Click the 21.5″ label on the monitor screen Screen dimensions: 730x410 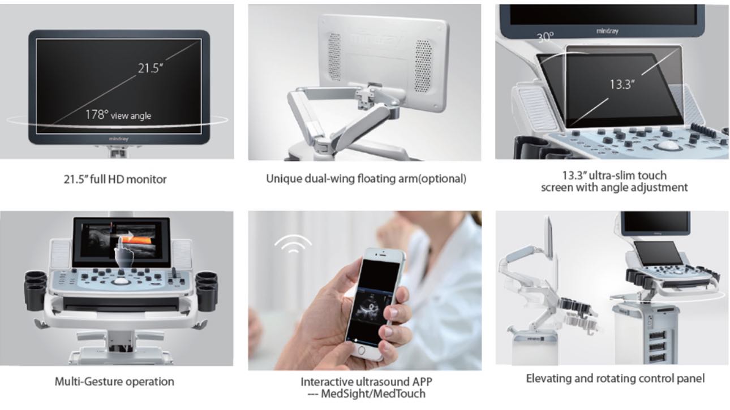tap(150, 68)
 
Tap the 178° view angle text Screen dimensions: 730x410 tap(118, 115)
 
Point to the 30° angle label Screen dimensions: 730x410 tap(545, 37)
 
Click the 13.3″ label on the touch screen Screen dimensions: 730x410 tap(622, 84)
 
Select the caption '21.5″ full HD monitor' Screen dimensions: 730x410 tap(115, 179)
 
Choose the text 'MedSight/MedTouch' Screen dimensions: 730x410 tap(373, 394)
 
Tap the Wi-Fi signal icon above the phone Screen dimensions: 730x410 tap(293, 244)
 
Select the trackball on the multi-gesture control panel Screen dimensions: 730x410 tap(119, 281)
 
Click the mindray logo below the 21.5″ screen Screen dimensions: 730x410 tap(119, 139)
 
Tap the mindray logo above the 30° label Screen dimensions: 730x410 tap(607, 31)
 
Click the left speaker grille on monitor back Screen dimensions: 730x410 tap(334, 57)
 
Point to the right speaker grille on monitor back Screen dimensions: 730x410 tap(423, 66)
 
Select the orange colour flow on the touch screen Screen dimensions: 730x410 tap(137, 240)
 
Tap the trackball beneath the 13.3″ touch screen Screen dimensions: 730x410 tap(668, 145)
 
